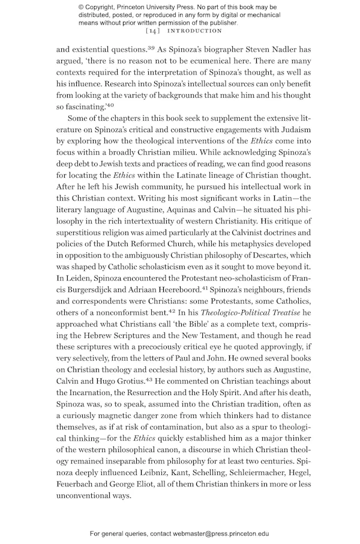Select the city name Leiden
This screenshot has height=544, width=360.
77,291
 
